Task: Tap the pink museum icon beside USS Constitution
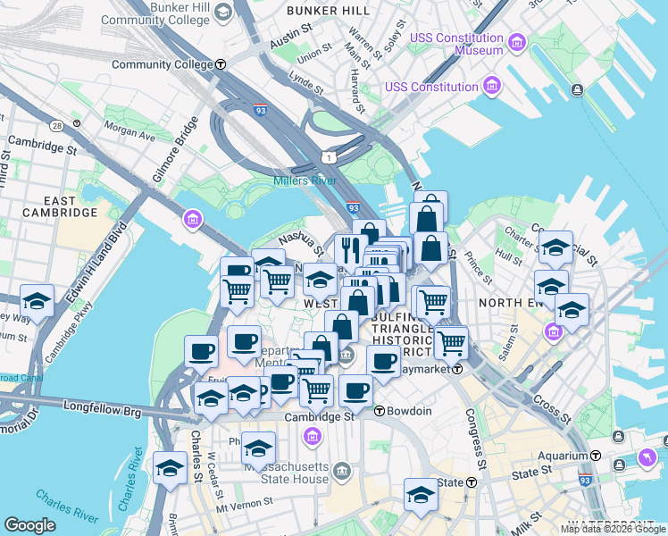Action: [491, 86]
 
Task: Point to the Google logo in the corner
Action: [29, 525]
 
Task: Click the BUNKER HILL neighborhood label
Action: [329, 11]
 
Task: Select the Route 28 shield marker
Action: [56, 126]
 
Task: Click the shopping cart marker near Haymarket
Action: [451, 340]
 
